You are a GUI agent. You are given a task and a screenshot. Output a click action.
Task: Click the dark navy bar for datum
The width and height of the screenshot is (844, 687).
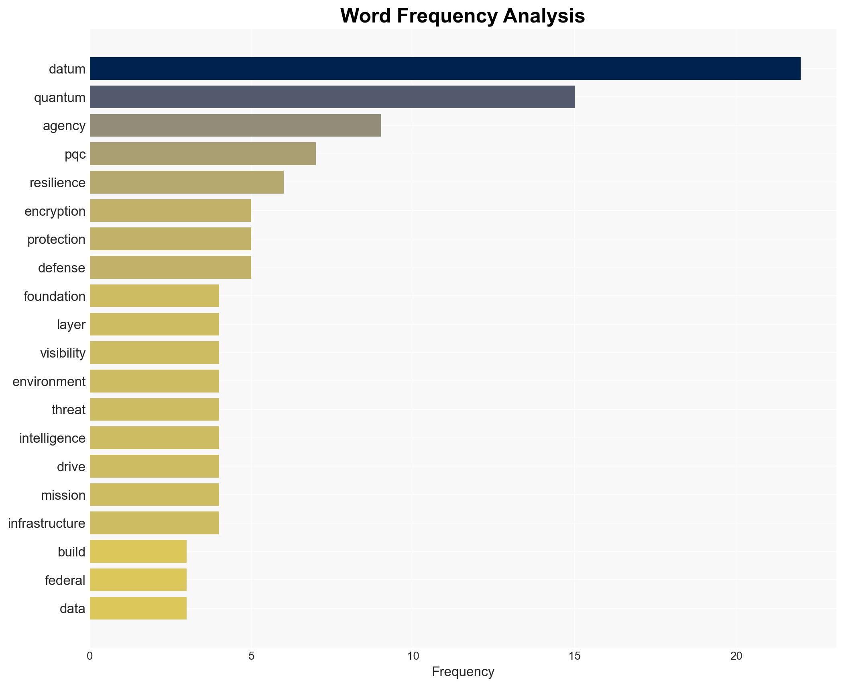click(445, 69)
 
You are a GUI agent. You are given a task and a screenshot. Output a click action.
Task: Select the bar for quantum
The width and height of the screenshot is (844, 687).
click(332, 97)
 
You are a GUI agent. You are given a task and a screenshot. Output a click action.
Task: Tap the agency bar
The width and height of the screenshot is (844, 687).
click(235, 125)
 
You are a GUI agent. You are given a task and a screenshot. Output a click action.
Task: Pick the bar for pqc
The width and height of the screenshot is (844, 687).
click(203, 154)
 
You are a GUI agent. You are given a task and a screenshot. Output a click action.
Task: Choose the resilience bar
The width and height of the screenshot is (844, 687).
click(187, 182)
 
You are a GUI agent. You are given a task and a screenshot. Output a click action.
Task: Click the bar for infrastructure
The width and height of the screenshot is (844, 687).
click(155, 523)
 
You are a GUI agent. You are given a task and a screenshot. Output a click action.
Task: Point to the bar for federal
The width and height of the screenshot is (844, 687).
click(138, 580)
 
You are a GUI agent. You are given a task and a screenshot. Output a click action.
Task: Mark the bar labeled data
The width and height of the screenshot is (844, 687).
click(138, 608)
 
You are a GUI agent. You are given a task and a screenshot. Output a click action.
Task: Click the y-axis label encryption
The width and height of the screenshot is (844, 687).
click(55, 211)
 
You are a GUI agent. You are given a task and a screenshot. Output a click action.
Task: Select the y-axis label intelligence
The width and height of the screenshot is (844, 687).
click(52, 438)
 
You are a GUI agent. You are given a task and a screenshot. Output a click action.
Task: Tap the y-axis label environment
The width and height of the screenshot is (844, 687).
click(49, 382)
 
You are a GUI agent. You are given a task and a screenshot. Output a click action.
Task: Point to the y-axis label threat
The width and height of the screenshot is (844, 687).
click(69, 410)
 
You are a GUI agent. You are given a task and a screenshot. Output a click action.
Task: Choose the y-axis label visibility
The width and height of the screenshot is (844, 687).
click(63, 353)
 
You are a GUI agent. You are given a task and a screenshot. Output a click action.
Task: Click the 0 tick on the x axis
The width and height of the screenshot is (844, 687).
click(90, 656)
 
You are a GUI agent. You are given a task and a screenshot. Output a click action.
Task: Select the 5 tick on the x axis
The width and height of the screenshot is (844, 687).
click(251, 656)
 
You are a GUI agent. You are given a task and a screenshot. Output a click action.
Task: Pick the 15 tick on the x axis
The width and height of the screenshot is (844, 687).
click(575, 656)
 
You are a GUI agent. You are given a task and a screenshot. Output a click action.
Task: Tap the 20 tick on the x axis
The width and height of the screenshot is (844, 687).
click(736, 656)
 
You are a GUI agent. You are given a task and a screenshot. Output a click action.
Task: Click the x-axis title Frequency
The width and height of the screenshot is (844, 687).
click(463, 672)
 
